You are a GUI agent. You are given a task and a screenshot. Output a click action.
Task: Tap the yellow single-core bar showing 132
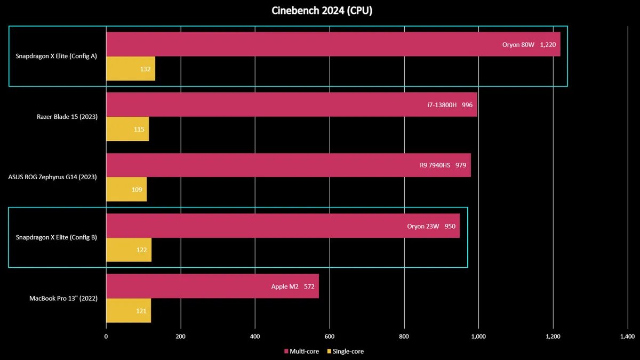(131, 69)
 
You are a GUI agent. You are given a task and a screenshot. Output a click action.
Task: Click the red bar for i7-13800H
(292, 105)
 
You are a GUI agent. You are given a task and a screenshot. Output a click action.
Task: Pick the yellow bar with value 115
(127, 129)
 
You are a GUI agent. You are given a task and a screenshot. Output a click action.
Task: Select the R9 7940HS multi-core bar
(289, 165)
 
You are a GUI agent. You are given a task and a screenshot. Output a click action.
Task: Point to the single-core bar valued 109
(126, 190)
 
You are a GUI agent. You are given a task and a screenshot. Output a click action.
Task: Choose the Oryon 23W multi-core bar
(283, 226)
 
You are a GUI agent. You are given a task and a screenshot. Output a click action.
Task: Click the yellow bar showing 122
(129, 250)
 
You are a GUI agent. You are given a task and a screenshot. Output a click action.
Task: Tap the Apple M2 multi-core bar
(212, 286)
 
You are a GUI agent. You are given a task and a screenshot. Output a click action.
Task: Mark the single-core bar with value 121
(129, 311)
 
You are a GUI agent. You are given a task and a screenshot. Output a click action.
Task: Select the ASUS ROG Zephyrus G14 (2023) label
(52, 177)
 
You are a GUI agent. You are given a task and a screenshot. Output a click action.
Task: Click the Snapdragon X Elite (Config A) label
(57, 56)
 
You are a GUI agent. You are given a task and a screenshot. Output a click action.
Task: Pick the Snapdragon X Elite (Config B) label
(57, 237)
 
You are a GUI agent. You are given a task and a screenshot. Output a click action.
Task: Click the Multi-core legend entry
(302, 351)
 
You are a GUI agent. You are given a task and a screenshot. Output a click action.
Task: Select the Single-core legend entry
(345, 351)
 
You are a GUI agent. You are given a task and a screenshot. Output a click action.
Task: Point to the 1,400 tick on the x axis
(627, 337)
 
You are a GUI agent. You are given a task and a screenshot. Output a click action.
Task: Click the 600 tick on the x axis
(330, 337)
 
